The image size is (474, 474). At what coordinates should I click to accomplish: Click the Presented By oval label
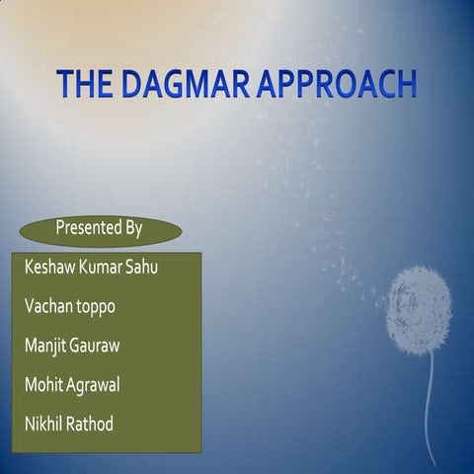coord(100,229)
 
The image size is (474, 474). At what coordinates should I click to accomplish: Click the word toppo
coord(98,308)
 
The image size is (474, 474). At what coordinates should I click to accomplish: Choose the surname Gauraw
coord(103,347)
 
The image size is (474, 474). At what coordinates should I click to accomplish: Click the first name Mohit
coord(44,385)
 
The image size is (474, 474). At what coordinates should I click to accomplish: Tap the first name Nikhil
coord(44,425)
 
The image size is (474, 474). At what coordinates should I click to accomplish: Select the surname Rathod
coord(92,425)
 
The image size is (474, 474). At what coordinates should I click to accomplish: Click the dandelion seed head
coord(419,309)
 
